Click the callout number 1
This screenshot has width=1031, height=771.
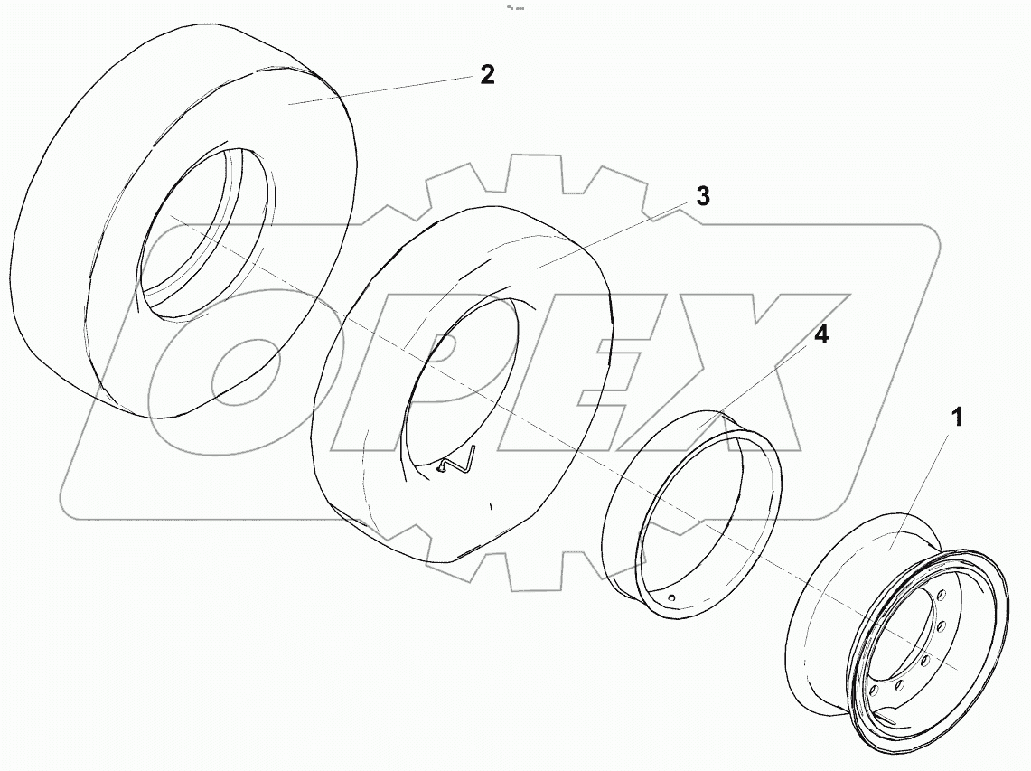pos(956,418)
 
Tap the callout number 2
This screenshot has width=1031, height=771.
pos(487,75)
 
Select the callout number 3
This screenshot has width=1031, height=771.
pos(702,197)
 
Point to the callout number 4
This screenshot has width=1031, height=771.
pos(820,335)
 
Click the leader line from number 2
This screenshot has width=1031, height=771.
pos(380,90)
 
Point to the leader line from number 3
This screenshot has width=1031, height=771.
pos(614,235)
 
